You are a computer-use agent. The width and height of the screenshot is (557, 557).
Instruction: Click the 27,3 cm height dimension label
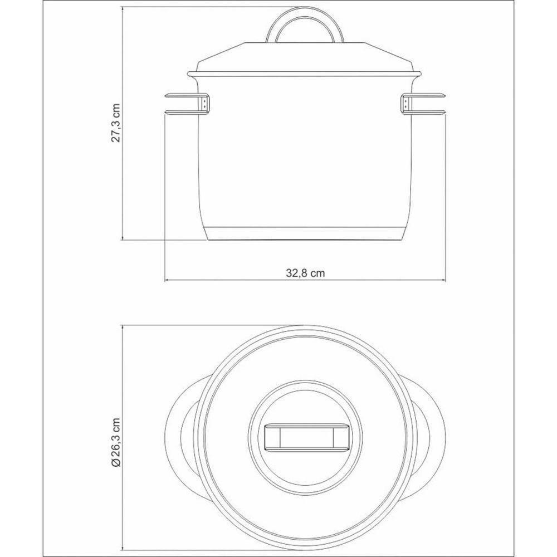(116, 123)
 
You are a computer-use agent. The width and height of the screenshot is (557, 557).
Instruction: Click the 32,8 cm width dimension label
(306, 273)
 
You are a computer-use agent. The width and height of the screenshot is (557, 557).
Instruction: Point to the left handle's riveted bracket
(205, 104)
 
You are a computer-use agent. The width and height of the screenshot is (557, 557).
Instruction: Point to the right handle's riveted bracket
(406, 104)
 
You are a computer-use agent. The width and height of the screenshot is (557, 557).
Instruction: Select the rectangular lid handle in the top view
(305, 436)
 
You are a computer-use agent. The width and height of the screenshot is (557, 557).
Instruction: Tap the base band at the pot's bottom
(305, 234)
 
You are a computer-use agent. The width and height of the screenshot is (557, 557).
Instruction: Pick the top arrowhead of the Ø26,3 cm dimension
(123, 325)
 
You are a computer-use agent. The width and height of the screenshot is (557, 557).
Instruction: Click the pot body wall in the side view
(305, 156)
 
